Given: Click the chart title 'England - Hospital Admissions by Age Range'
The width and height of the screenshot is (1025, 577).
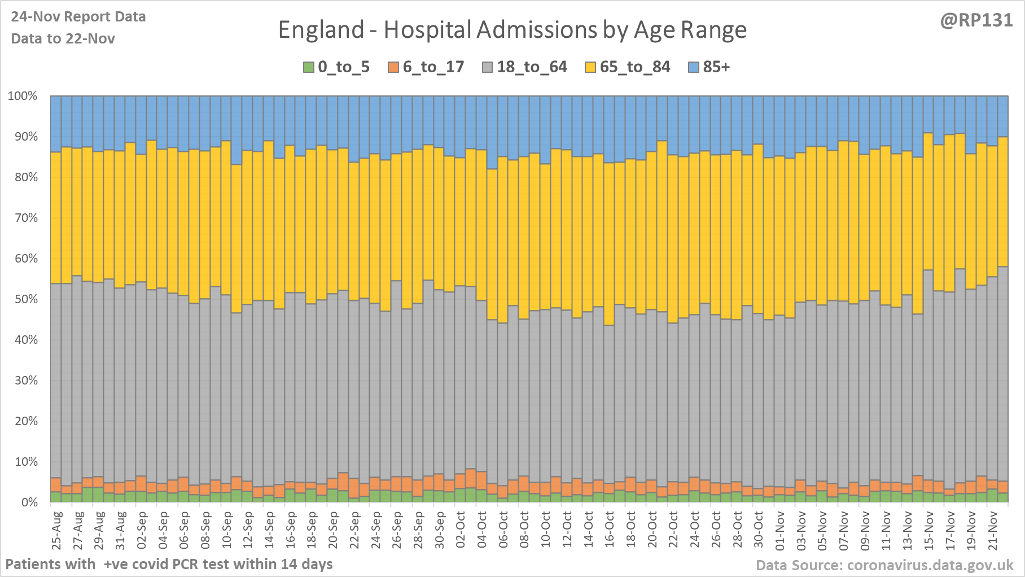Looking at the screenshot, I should click(512, 30).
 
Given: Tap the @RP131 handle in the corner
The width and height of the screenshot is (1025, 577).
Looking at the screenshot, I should click(976, 20).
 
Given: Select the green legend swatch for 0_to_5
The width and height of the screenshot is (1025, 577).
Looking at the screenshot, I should click(308, 67).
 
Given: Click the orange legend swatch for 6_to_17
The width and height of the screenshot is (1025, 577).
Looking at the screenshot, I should click(393, 67).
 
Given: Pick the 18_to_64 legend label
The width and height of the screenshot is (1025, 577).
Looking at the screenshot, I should click(532, 67).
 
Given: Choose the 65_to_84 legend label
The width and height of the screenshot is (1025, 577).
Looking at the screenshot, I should click(635, 67).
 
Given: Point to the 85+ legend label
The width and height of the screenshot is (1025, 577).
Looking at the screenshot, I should click(716, 67).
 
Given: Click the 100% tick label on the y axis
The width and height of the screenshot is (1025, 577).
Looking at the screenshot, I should click(23, 96).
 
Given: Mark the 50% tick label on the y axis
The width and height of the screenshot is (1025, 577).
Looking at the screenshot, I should click(25, 299).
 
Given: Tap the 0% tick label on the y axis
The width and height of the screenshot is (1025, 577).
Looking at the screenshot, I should click(29, 502).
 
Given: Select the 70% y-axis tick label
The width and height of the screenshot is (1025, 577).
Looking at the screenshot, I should click(25, 218).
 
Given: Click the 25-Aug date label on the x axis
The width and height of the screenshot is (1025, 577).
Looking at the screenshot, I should click(56, 531).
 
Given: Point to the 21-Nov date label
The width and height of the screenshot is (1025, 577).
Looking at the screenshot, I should click(993, 531).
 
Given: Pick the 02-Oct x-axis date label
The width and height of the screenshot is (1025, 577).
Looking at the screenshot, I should click(461, 531).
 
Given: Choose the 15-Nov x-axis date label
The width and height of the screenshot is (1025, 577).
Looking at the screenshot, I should click(929, 531).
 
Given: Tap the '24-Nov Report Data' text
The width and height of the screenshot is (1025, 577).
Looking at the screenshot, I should click(78, 17).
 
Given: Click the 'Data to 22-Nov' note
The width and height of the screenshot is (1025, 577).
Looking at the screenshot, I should click(63, 38).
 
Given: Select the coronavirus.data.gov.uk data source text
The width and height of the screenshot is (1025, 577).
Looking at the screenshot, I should click(884, 565).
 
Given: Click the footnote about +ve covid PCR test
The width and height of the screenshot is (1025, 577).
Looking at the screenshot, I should click(169, 564).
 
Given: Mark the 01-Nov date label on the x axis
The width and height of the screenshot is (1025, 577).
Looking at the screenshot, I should click(780, 531).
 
